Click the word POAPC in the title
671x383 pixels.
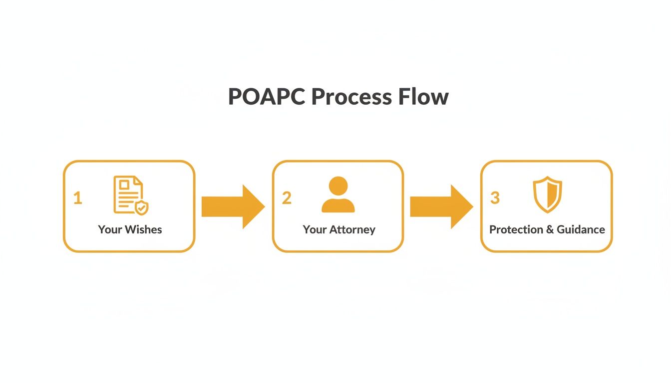[267, 96]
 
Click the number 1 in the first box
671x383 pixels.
[77, 198]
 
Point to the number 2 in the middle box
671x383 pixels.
[286, 198]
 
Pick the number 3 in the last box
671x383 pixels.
[494, 198]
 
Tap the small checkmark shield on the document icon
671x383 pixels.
[142, 208]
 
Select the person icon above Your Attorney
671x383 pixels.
[338, 194]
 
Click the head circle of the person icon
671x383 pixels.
[338, 186]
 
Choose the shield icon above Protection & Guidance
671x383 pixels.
[547, 194]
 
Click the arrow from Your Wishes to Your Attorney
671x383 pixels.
[233, 206]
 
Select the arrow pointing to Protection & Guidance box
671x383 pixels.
[441, 206]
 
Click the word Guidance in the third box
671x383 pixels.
[580, 229]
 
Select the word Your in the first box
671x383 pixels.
[109, 229]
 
